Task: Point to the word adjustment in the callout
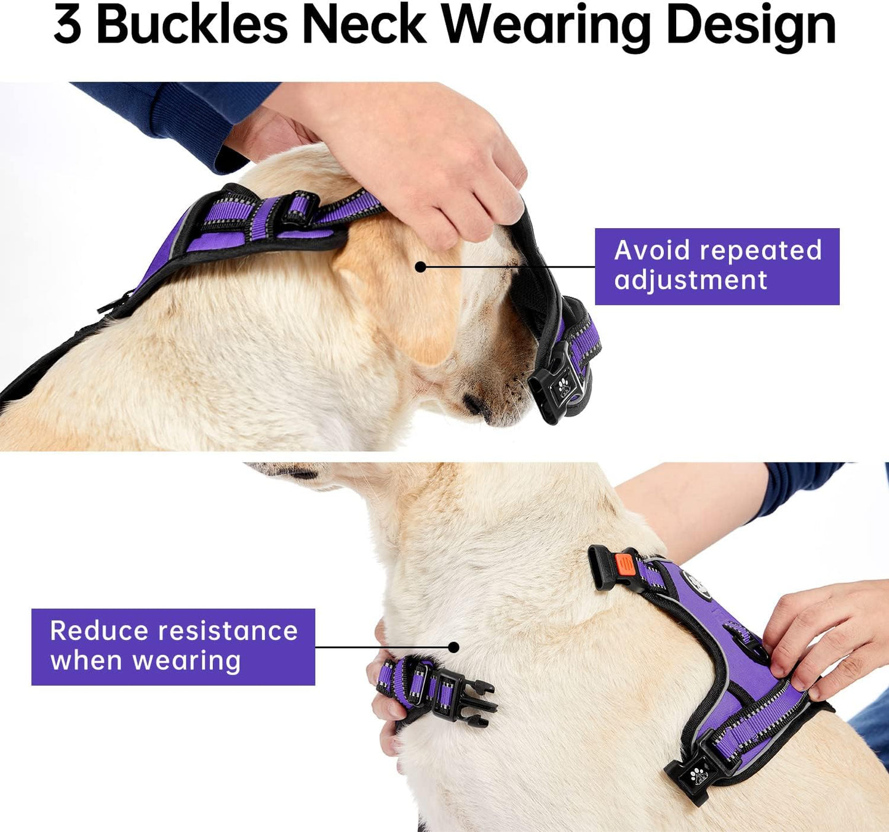(x=690, y=281)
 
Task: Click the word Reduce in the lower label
(x=98, y=631)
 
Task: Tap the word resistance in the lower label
(x=228, y=631)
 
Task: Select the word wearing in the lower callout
(x=186, y=662)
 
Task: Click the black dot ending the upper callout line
(x=420, y=267)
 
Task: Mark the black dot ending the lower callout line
(x=453, y=647)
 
